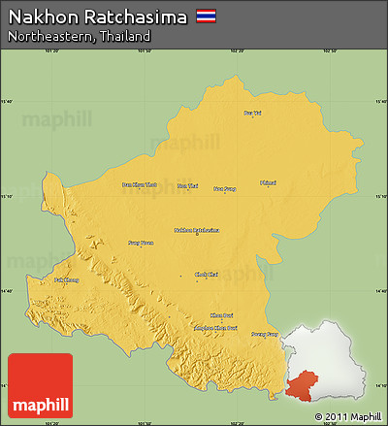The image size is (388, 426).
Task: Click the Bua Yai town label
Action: (252, 114)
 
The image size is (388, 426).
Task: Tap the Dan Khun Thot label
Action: (138, 184)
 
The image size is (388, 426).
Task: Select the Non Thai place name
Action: (187, 185)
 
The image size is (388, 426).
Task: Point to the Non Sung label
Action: (225, 189)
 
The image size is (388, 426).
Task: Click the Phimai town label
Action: (269, 182)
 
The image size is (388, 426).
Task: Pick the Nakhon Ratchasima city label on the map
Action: (196, 230)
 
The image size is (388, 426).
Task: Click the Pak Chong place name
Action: (66, 279)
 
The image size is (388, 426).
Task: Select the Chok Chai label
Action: (206, 275)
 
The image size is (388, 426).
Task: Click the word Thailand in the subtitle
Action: (129, 36)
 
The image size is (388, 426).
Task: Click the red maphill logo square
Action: (40, 385)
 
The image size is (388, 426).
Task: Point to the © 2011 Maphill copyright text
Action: (347, 416)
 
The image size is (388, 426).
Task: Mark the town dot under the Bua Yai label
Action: (252, 119)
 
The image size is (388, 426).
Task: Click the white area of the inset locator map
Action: (335, 354)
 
